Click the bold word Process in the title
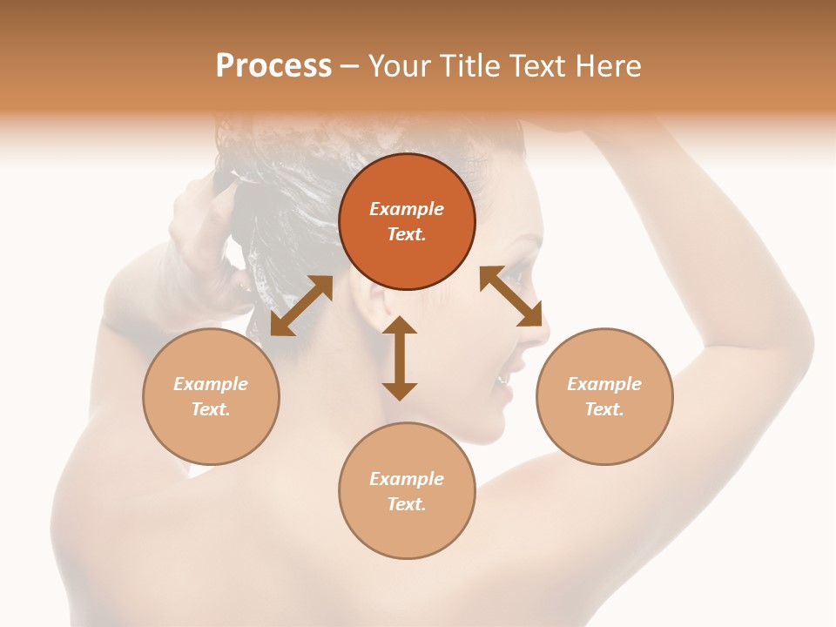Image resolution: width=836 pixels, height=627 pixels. [x=273, y=65]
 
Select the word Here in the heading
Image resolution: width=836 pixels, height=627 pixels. [x=610, y=65]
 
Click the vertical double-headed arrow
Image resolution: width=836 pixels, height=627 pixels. [x=400, y=358]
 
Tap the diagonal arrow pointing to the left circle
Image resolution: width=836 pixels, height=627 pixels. [x=301, y=306]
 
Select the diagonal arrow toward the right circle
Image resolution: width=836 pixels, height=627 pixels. [x=511, y=296]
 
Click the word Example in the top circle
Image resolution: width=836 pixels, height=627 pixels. [x=407, y=209]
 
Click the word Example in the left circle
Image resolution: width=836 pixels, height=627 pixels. [x=211, y=384]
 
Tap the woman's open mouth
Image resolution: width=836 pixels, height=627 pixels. [x=503, y=380]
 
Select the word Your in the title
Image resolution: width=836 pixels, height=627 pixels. [x=398, y=65]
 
